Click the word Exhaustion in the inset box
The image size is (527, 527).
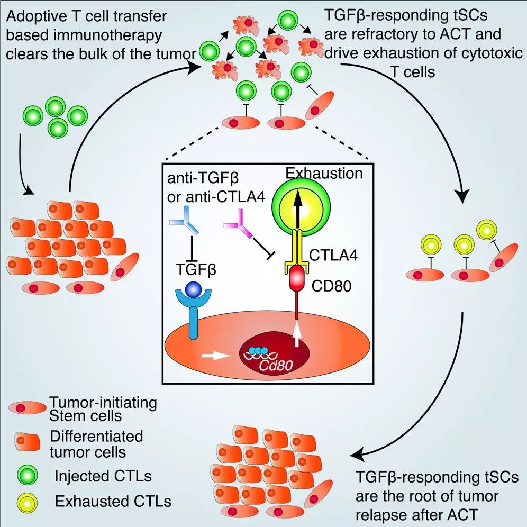coord(324,172)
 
